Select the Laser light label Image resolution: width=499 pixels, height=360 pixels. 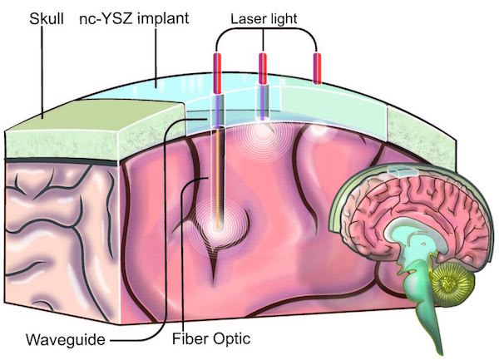264,17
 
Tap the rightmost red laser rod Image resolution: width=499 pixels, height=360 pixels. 317,67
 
